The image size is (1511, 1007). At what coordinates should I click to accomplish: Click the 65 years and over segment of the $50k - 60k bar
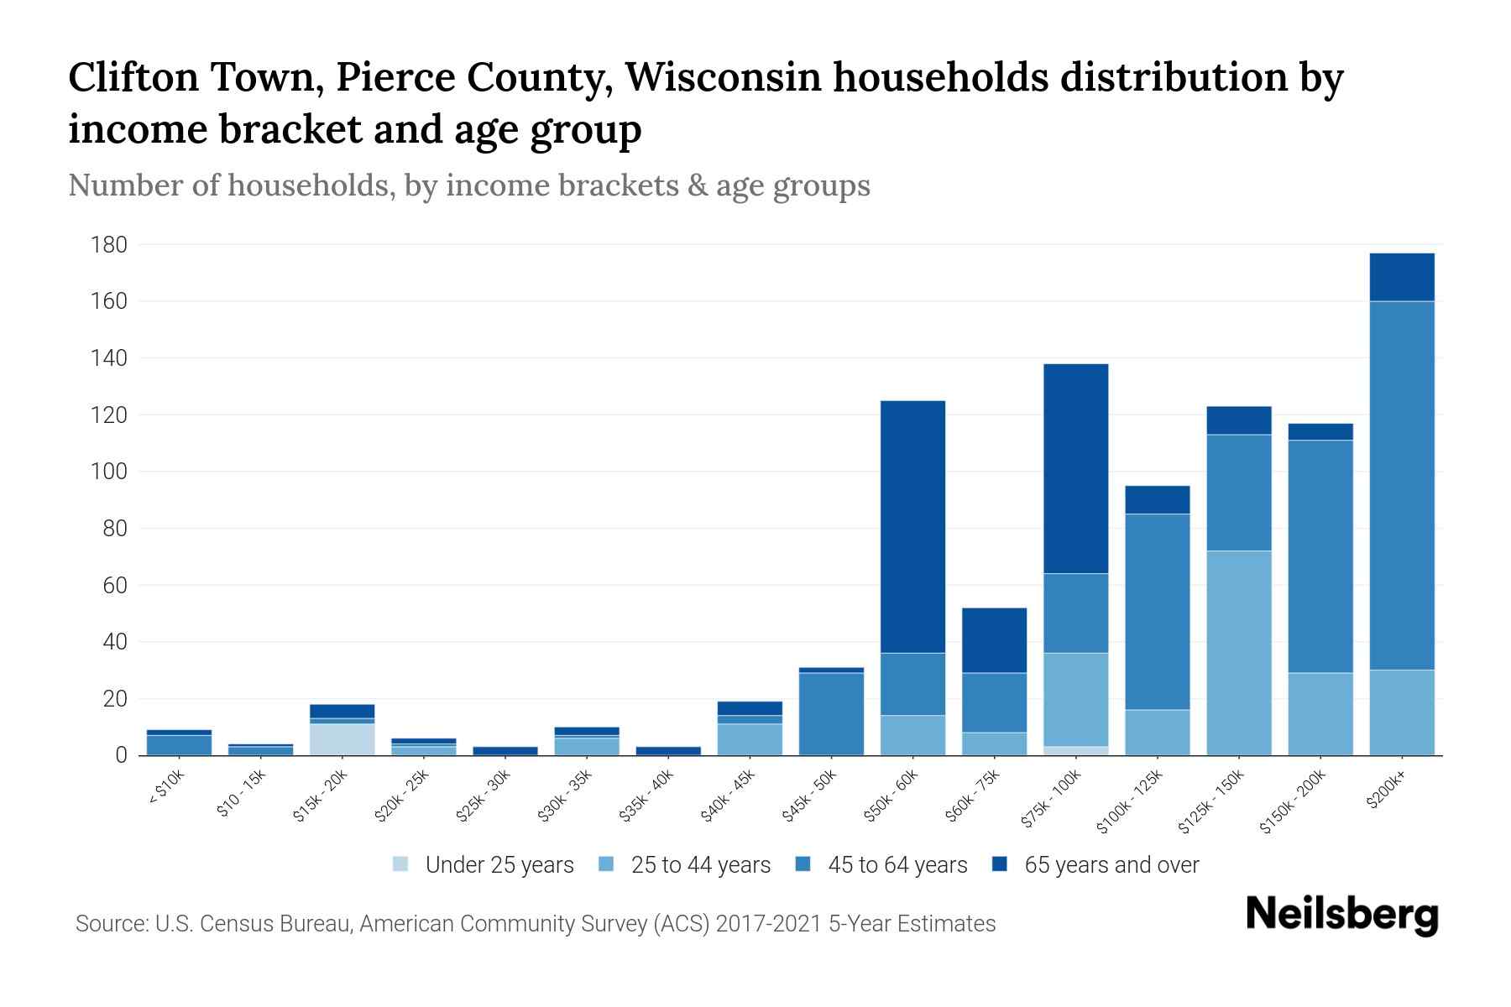point(912,526)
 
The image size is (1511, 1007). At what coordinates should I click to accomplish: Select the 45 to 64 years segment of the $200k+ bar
point(1401,485)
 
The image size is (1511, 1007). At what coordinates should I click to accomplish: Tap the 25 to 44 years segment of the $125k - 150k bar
point(1238,653)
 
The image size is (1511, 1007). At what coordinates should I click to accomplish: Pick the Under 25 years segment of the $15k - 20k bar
point(342,739)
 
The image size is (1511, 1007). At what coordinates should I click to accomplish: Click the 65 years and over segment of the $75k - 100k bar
point(1075,468)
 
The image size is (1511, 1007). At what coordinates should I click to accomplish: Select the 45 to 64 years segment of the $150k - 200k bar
point(1320,556)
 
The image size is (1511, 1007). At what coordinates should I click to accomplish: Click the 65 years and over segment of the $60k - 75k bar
point(994,640)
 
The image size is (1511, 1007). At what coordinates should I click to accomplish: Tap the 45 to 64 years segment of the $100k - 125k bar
point(1157,612)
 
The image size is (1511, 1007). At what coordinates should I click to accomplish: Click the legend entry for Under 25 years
point(483,865)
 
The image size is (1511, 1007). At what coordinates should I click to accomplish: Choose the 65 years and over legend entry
point(1095,865)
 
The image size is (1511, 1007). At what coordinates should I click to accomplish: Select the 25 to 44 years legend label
point(700,865)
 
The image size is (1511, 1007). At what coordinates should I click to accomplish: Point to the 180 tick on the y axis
point(109,245)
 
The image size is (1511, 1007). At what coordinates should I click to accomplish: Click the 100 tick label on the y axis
point(109,472)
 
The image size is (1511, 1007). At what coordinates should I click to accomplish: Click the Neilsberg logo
point(1341,916)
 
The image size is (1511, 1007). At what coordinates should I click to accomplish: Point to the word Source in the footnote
point(109,924)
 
